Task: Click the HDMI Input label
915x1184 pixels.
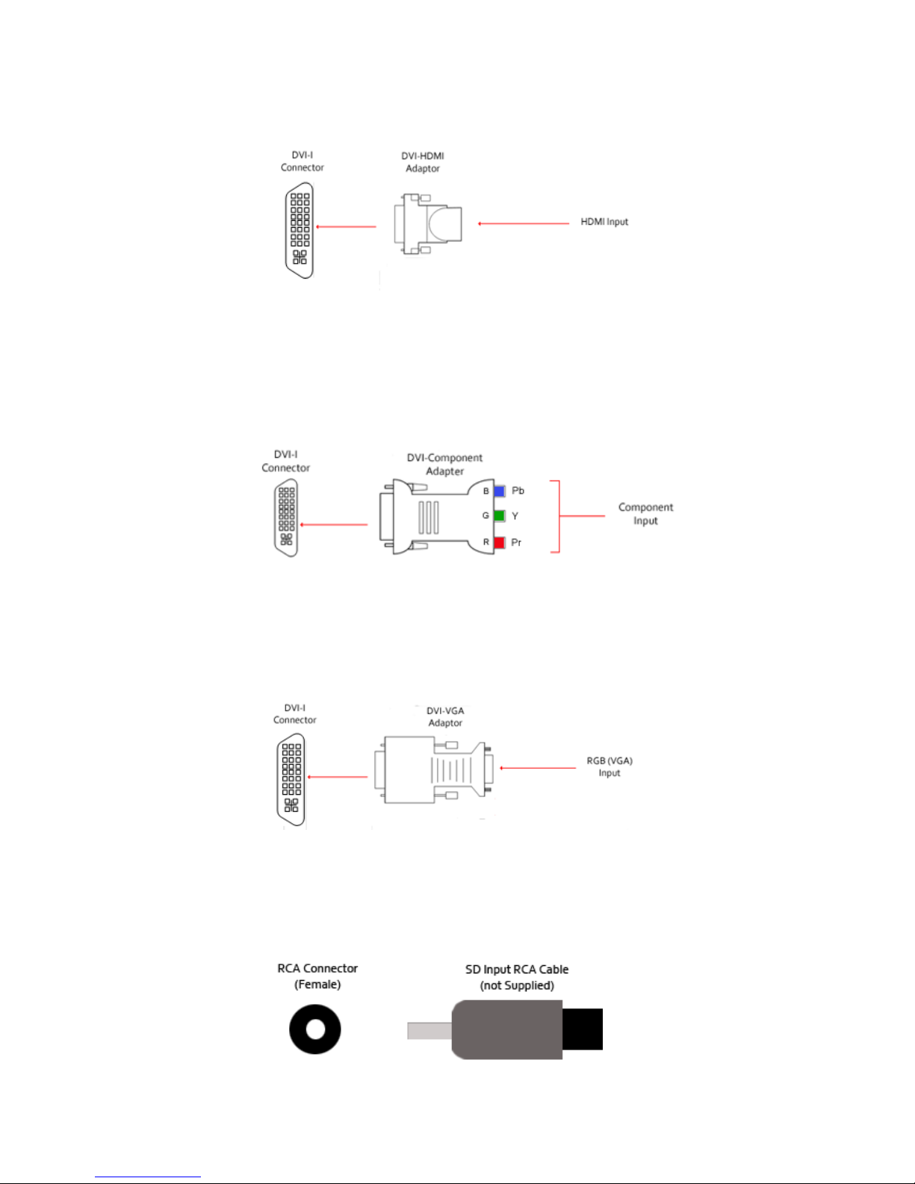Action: (604, 222)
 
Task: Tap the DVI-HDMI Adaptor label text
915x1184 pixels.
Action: (423, 162)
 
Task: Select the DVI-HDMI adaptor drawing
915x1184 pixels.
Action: (427, 224)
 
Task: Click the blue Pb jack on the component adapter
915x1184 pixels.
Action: (500, 491)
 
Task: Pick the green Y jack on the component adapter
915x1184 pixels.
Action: (500, 515)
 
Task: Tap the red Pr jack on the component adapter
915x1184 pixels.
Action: (500, 542)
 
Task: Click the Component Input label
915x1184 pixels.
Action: (645, 514)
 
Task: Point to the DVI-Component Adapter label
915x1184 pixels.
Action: (444, 464)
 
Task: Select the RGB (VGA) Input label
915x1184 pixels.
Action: (610, 766)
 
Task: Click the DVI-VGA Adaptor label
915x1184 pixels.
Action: (445, 716)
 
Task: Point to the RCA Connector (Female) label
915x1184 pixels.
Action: (317, 976)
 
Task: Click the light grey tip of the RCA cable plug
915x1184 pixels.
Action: (429, 1030)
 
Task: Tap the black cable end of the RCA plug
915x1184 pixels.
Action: (582, 1029)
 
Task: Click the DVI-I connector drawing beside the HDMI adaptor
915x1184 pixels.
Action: (300, 231)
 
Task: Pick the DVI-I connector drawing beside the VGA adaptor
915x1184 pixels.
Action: (291, 780)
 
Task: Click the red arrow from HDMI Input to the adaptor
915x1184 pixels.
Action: (524, 223)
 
